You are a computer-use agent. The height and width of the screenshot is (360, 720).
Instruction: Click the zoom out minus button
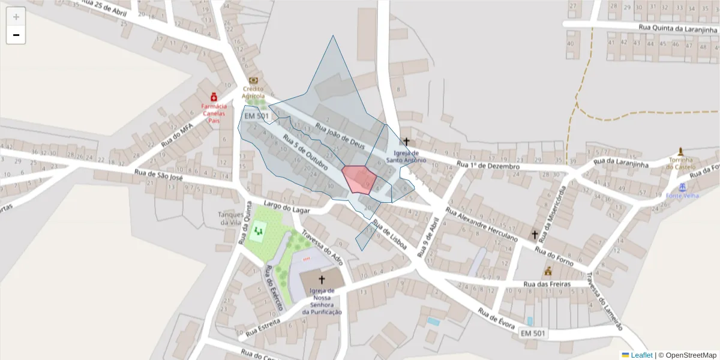pyautogui.click(x=16, y=35)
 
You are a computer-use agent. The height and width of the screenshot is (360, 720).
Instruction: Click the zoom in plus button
pyautogui.click(x=16, y=17)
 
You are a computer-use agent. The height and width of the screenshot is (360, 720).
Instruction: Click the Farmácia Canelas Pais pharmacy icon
pyautogui.click(x=214, y=97)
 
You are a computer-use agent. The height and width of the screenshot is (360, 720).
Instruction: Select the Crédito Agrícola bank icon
pyautogui.click(x=253, y=80)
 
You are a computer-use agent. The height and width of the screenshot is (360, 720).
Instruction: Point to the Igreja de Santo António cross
pyautogui.click(x=406, y=142)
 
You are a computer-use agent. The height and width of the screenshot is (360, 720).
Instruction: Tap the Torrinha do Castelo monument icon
pyautogui.click(x=680, y=151)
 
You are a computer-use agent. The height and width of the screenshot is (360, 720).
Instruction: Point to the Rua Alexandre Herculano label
pyautogui.click(x=481, y=226)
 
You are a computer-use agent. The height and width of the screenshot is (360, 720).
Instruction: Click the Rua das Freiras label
pyautogui.click(x=545, y=284)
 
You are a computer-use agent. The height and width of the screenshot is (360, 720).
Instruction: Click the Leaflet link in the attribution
pyautogui.click(x=641, y=355)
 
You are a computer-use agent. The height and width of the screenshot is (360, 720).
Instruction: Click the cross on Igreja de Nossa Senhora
pyautogui.click(x=322, y=280)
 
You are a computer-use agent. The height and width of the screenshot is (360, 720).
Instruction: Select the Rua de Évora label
pyautogui.click(x=497, y=318)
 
